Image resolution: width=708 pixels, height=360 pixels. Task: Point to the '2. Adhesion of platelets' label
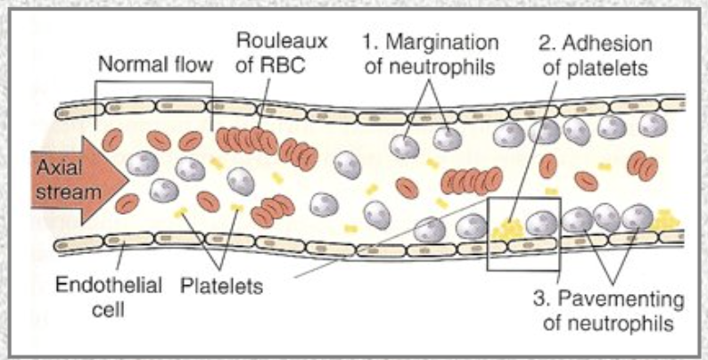click(595, 53)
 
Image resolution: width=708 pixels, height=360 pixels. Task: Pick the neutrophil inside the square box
click(540, 222)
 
